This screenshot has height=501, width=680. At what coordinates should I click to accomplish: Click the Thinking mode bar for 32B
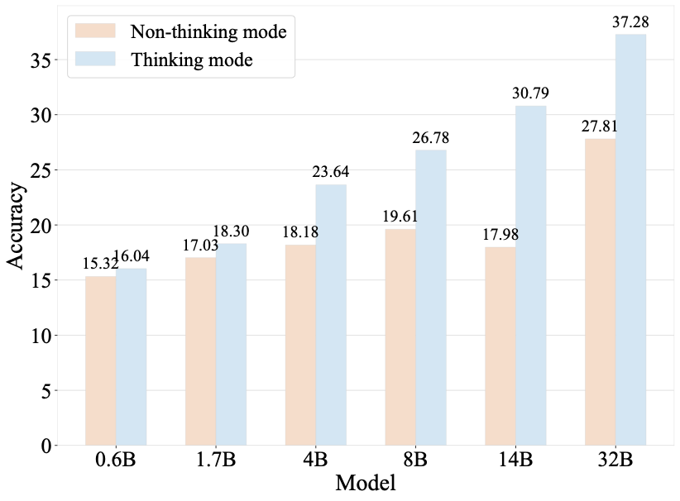pyautogui.click(x=630, y=240)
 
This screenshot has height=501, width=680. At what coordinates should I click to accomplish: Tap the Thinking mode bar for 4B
pyautogui.click(x=331, y=315)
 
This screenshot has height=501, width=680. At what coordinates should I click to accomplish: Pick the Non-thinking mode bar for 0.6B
pyautogui.click(x=101, y=360)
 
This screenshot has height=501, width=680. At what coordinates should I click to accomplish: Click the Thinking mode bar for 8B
pyautogui.click(x=431, y=298)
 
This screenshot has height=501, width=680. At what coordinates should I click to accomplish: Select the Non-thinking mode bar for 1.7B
pyautogui.click(x=201, y=351)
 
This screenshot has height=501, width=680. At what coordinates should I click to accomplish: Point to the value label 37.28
pyautogui.click(x=630, y=23)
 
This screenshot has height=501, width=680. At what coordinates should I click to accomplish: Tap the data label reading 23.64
pyautogui.click(x=331, y=173)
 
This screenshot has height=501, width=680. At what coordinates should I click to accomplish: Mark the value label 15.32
pyautogui.click(x=100, y=265)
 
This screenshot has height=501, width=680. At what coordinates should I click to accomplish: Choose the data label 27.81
pyautogui.click(x=600, y=126)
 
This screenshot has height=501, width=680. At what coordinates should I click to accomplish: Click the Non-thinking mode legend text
pyautogui.click(x=208, y=32)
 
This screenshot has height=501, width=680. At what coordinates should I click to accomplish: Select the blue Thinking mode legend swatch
pyautogui.click(x=97, y=60)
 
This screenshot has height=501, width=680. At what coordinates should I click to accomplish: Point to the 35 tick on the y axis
pyautogui.click(x=41, y=60)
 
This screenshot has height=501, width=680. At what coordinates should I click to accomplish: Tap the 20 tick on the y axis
pyautogui.click(x=41, y=225)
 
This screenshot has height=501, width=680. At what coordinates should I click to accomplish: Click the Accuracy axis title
pyautogui.click(x=17, y=225)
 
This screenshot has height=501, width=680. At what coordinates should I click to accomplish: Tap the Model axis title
pyautogui.click(x=365, y=484)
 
